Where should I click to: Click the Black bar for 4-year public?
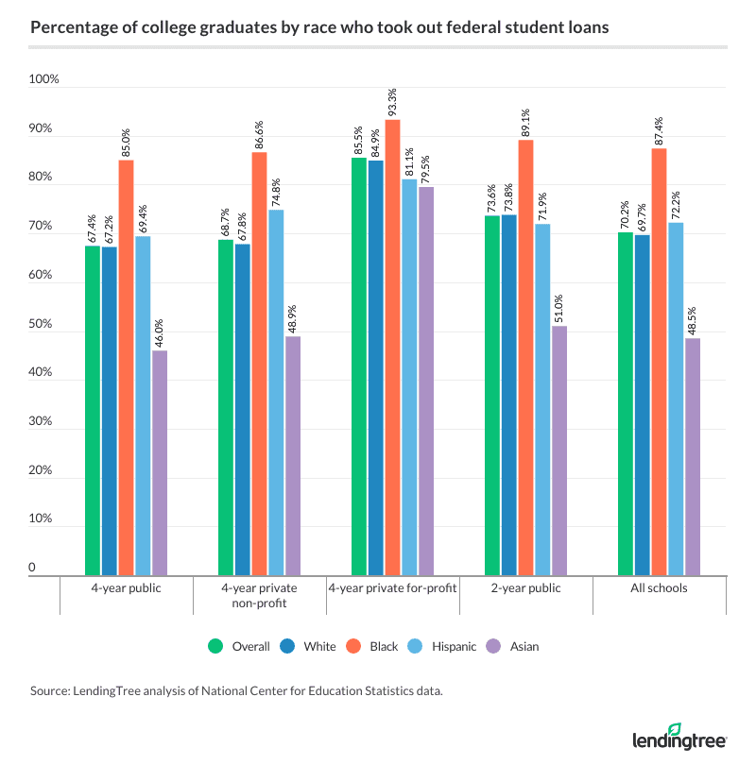(x=126, y=368)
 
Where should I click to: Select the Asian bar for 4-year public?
(x=160, y=463)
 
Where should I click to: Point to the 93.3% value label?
(x=393, y=100)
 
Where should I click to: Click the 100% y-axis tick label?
(x=43, y=79)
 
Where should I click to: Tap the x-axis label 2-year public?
(x=526, y=588)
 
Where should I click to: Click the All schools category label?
(x=660, y=588)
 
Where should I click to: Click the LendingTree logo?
(x=679, y=736)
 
